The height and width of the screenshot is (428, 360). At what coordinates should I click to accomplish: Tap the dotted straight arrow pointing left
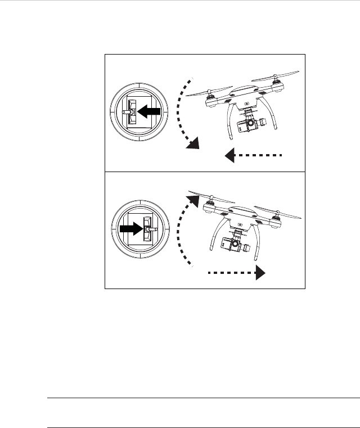pos(253,155)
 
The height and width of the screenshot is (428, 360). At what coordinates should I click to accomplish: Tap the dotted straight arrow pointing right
pos(236,273)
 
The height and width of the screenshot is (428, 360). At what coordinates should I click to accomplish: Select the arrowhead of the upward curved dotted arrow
pos(193,200)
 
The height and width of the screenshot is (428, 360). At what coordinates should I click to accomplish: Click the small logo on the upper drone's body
pos(248,103)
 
